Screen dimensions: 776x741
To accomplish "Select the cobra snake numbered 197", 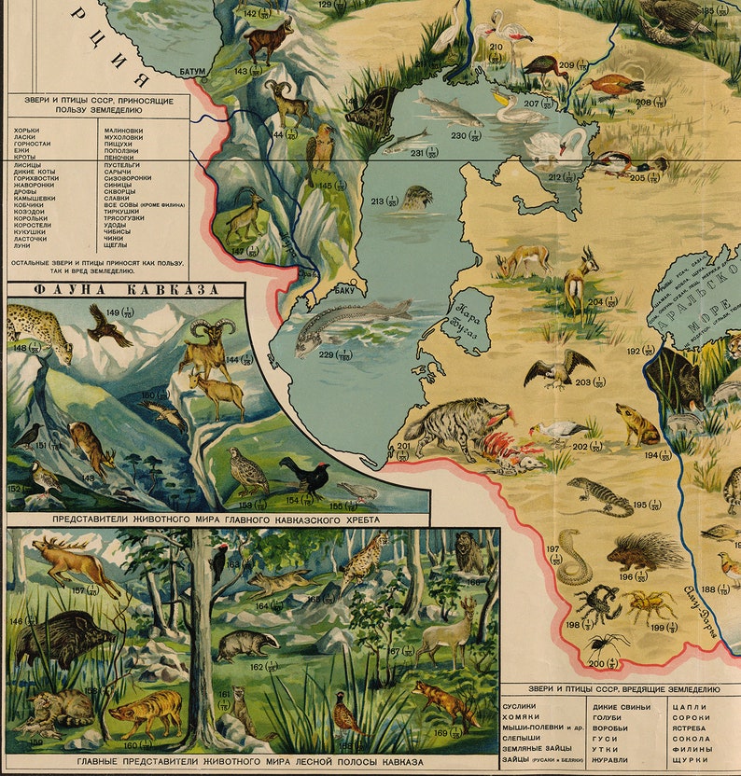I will [570, 560].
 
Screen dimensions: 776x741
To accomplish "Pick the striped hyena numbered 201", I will [448, 428].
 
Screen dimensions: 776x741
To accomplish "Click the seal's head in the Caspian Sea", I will [417, 198].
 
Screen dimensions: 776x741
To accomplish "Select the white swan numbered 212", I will [558, 145].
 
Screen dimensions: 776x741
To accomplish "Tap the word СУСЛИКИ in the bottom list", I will [520, 706].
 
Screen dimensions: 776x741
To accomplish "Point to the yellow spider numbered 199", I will [650, 605].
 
